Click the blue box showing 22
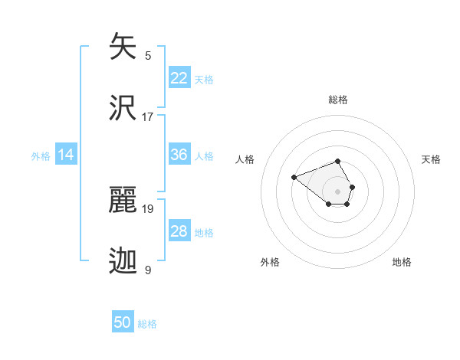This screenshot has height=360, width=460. click(179, 78)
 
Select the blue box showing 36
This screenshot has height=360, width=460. click(179, 155)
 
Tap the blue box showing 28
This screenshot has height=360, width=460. click(179, 231)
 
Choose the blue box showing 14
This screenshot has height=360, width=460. click(66, 155)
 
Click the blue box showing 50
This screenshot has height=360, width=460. click(123, 322)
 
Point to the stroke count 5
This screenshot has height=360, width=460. click(148, 55)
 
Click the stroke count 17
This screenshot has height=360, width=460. click(148, 116)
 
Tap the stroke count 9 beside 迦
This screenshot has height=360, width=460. click(148, 270)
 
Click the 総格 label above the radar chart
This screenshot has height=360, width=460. click(338, 100)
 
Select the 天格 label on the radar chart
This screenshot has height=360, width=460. click(432, 159)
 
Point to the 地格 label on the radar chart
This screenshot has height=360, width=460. click(402, 262)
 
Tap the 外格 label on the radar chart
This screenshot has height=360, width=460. click(270, 262)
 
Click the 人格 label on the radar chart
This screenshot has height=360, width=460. click(245, 159)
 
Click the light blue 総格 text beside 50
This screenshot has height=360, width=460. click(147, 324)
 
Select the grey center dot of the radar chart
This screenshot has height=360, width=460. click(338, 191)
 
